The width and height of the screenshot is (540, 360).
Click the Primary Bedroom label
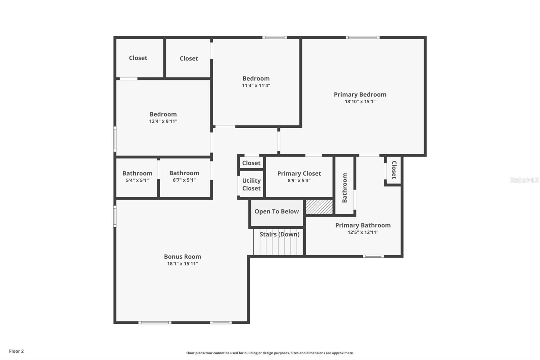(x=360, y=95)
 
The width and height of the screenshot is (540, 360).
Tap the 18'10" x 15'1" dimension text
(x=360, y=102)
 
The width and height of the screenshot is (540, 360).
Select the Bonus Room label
(x=182, y=257)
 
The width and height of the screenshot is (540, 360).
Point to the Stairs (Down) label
(x=279, y=234)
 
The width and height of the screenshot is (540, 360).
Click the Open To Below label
(x=276, y=211)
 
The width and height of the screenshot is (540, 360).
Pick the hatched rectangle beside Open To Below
(x=319, y=207)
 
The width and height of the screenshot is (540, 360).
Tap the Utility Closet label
(x=251, y=184)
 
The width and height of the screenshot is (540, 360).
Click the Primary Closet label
(x=299, y=174)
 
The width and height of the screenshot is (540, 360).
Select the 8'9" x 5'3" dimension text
(x=299, y=181)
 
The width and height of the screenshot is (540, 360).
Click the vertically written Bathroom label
(x=345, y=188)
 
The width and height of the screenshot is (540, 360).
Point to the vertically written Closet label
(x=394, y=170)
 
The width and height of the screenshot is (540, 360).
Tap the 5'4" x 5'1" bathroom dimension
(x=137, y=180)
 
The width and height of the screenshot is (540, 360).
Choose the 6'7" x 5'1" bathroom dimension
(x=184, y=180)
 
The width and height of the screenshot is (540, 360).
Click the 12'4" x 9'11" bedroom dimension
(x=163, y=121)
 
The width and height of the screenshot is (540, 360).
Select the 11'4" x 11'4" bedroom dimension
(x=256, y=85)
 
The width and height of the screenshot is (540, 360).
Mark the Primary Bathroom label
(x=363, y=225)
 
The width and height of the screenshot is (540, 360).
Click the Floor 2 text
(x=16, y=351)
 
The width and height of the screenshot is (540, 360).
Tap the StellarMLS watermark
(x=524, y=180)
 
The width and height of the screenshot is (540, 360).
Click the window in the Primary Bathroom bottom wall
(x=373, y=256)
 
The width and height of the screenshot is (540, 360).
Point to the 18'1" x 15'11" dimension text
(x=182, y=264)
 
